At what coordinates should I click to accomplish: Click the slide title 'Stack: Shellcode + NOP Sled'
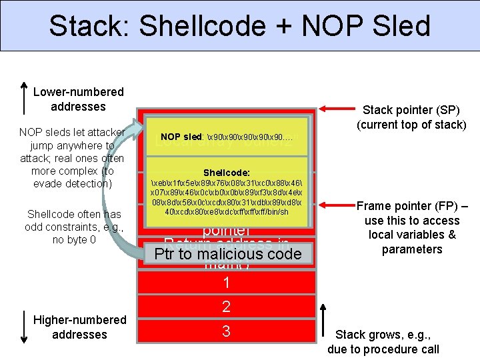[x=239, y=26]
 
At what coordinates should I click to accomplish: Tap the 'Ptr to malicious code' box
[x=227, y=254]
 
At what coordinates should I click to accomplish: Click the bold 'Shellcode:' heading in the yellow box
[x=227, y=171]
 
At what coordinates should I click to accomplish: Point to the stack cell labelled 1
[x=227, y=283]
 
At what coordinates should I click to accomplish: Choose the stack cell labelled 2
[x=227, y=307]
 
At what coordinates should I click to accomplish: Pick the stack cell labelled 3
[x=227, y=331]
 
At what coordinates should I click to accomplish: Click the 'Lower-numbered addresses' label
[x=79, y=99]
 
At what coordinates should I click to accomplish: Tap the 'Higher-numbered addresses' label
[x=79, y=327]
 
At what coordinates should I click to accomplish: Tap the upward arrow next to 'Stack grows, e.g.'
[x=323, y=321]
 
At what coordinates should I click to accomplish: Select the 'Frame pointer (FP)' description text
[x=413, y=227]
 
